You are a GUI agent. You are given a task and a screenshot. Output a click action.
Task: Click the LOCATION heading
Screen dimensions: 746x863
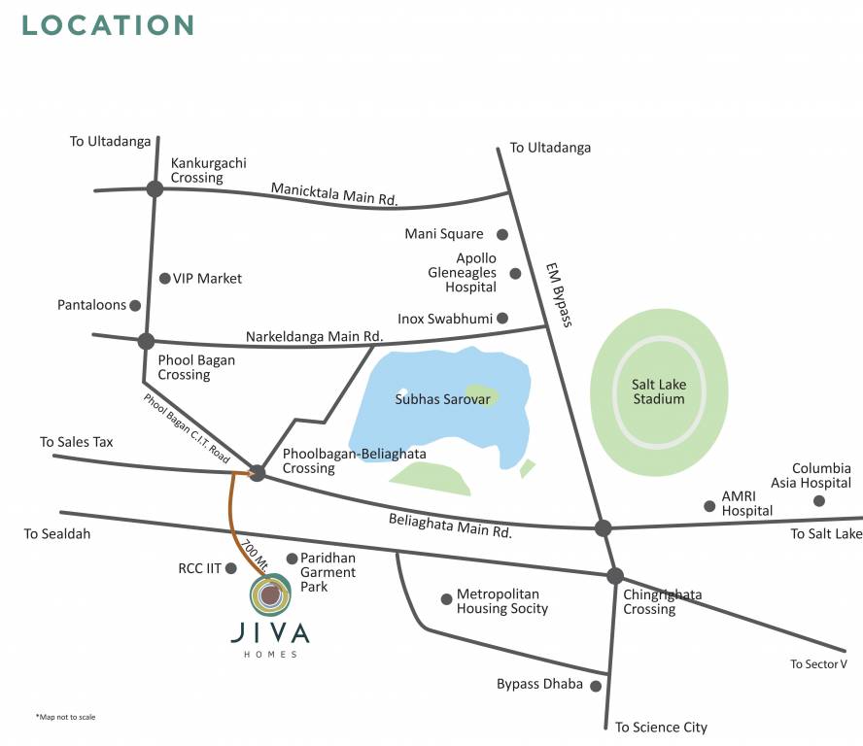pyautogui.click(x=108, y=24)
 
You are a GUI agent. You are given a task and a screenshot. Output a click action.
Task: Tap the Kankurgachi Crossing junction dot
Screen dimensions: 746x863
pyautogui.click(x=155, y=189)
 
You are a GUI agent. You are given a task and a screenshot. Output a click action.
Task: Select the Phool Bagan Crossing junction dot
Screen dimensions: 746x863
pyautogui.click(x=146, y=341)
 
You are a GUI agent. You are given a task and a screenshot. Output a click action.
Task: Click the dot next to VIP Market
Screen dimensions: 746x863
pyautogui.click(x=164, y=279)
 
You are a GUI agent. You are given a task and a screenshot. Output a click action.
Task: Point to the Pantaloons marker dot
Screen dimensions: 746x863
pyautogui.click(x=135, y=305)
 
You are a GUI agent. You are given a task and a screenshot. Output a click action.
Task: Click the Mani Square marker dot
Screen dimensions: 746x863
pyautogui.click(x=502, y=234)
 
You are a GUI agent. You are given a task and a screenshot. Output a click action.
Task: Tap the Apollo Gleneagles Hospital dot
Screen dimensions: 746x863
pyautogui.click(x=515, y=273)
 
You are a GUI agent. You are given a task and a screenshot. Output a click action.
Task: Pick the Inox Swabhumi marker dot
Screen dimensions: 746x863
pyautogui.click(x=502, y=318)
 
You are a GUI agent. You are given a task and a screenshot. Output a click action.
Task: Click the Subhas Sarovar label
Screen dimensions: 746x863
pyautogui.click(x=434, y=399)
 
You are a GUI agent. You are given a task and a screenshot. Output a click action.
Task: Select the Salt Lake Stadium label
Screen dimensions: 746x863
pyautogui.click(x=658, y=391)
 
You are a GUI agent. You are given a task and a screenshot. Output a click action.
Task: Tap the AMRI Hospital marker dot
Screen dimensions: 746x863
pyautogui.click(x=709, y=506)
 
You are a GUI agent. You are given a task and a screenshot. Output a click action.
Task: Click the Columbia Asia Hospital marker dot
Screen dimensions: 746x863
pyautogui.click(x=819, y=501)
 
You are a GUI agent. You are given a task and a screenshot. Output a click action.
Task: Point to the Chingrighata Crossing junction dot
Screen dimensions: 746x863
pyautogui.click(x=614, y=575)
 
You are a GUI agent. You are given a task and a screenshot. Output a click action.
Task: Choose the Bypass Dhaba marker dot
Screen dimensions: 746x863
pyautogui.click(x=596, y=686)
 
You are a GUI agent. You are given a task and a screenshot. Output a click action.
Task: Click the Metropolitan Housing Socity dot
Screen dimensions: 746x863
pyautogui.click(x=447, y=599)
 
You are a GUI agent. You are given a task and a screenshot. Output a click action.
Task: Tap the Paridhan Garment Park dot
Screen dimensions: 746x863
pyautogui.click(x=292, y=559)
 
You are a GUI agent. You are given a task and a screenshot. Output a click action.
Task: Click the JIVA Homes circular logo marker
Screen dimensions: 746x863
pyautogui.click(x=270, y=594)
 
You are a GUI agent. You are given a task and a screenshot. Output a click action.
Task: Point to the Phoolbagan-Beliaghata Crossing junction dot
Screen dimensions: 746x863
pyautogui.click(x=258, y=473)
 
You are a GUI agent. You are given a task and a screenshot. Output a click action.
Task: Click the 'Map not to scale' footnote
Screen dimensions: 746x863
pyautogui.click(x=65, y=717)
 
